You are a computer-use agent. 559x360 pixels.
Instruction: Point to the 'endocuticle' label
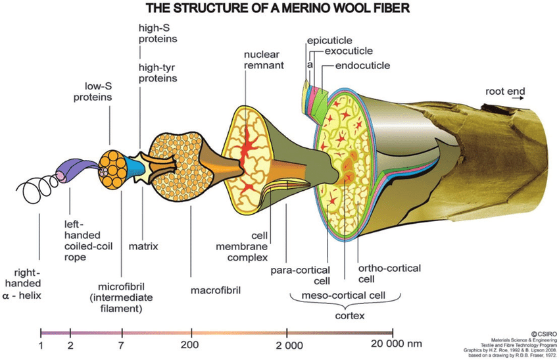tap(362, 66)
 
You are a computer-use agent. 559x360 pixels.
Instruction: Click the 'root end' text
tap(505, 91)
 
